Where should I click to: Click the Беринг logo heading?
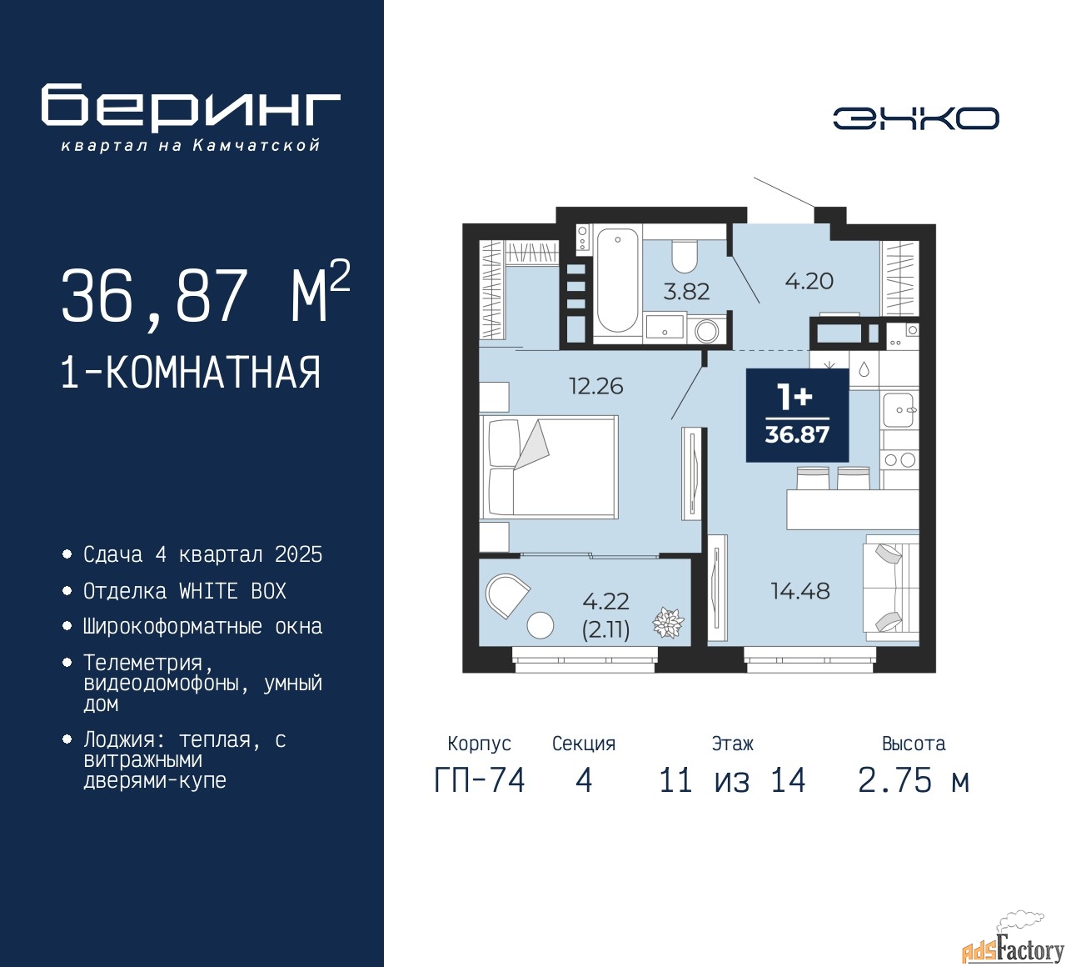[191, 108]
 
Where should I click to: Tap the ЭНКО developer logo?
[915, 118]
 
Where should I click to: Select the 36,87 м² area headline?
[205, 295]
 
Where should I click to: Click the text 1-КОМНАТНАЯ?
[191, 373]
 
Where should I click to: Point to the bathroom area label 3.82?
[686, 292]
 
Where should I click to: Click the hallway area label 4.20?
[809, 281]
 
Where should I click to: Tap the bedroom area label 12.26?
[595, 386]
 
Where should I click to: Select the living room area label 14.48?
[799, 591]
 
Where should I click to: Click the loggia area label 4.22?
[605, 601]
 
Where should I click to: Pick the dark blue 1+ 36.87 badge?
[797, 415]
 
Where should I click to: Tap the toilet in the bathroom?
[684, 257]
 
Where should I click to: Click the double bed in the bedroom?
[550, 467]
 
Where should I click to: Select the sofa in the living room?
[891, 587]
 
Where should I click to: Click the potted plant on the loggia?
[667, 623]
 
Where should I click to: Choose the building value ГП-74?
[480, 781]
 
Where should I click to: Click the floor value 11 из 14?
[732, 781]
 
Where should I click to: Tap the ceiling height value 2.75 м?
[913, 781]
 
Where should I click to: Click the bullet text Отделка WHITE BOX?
[184, 591]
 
